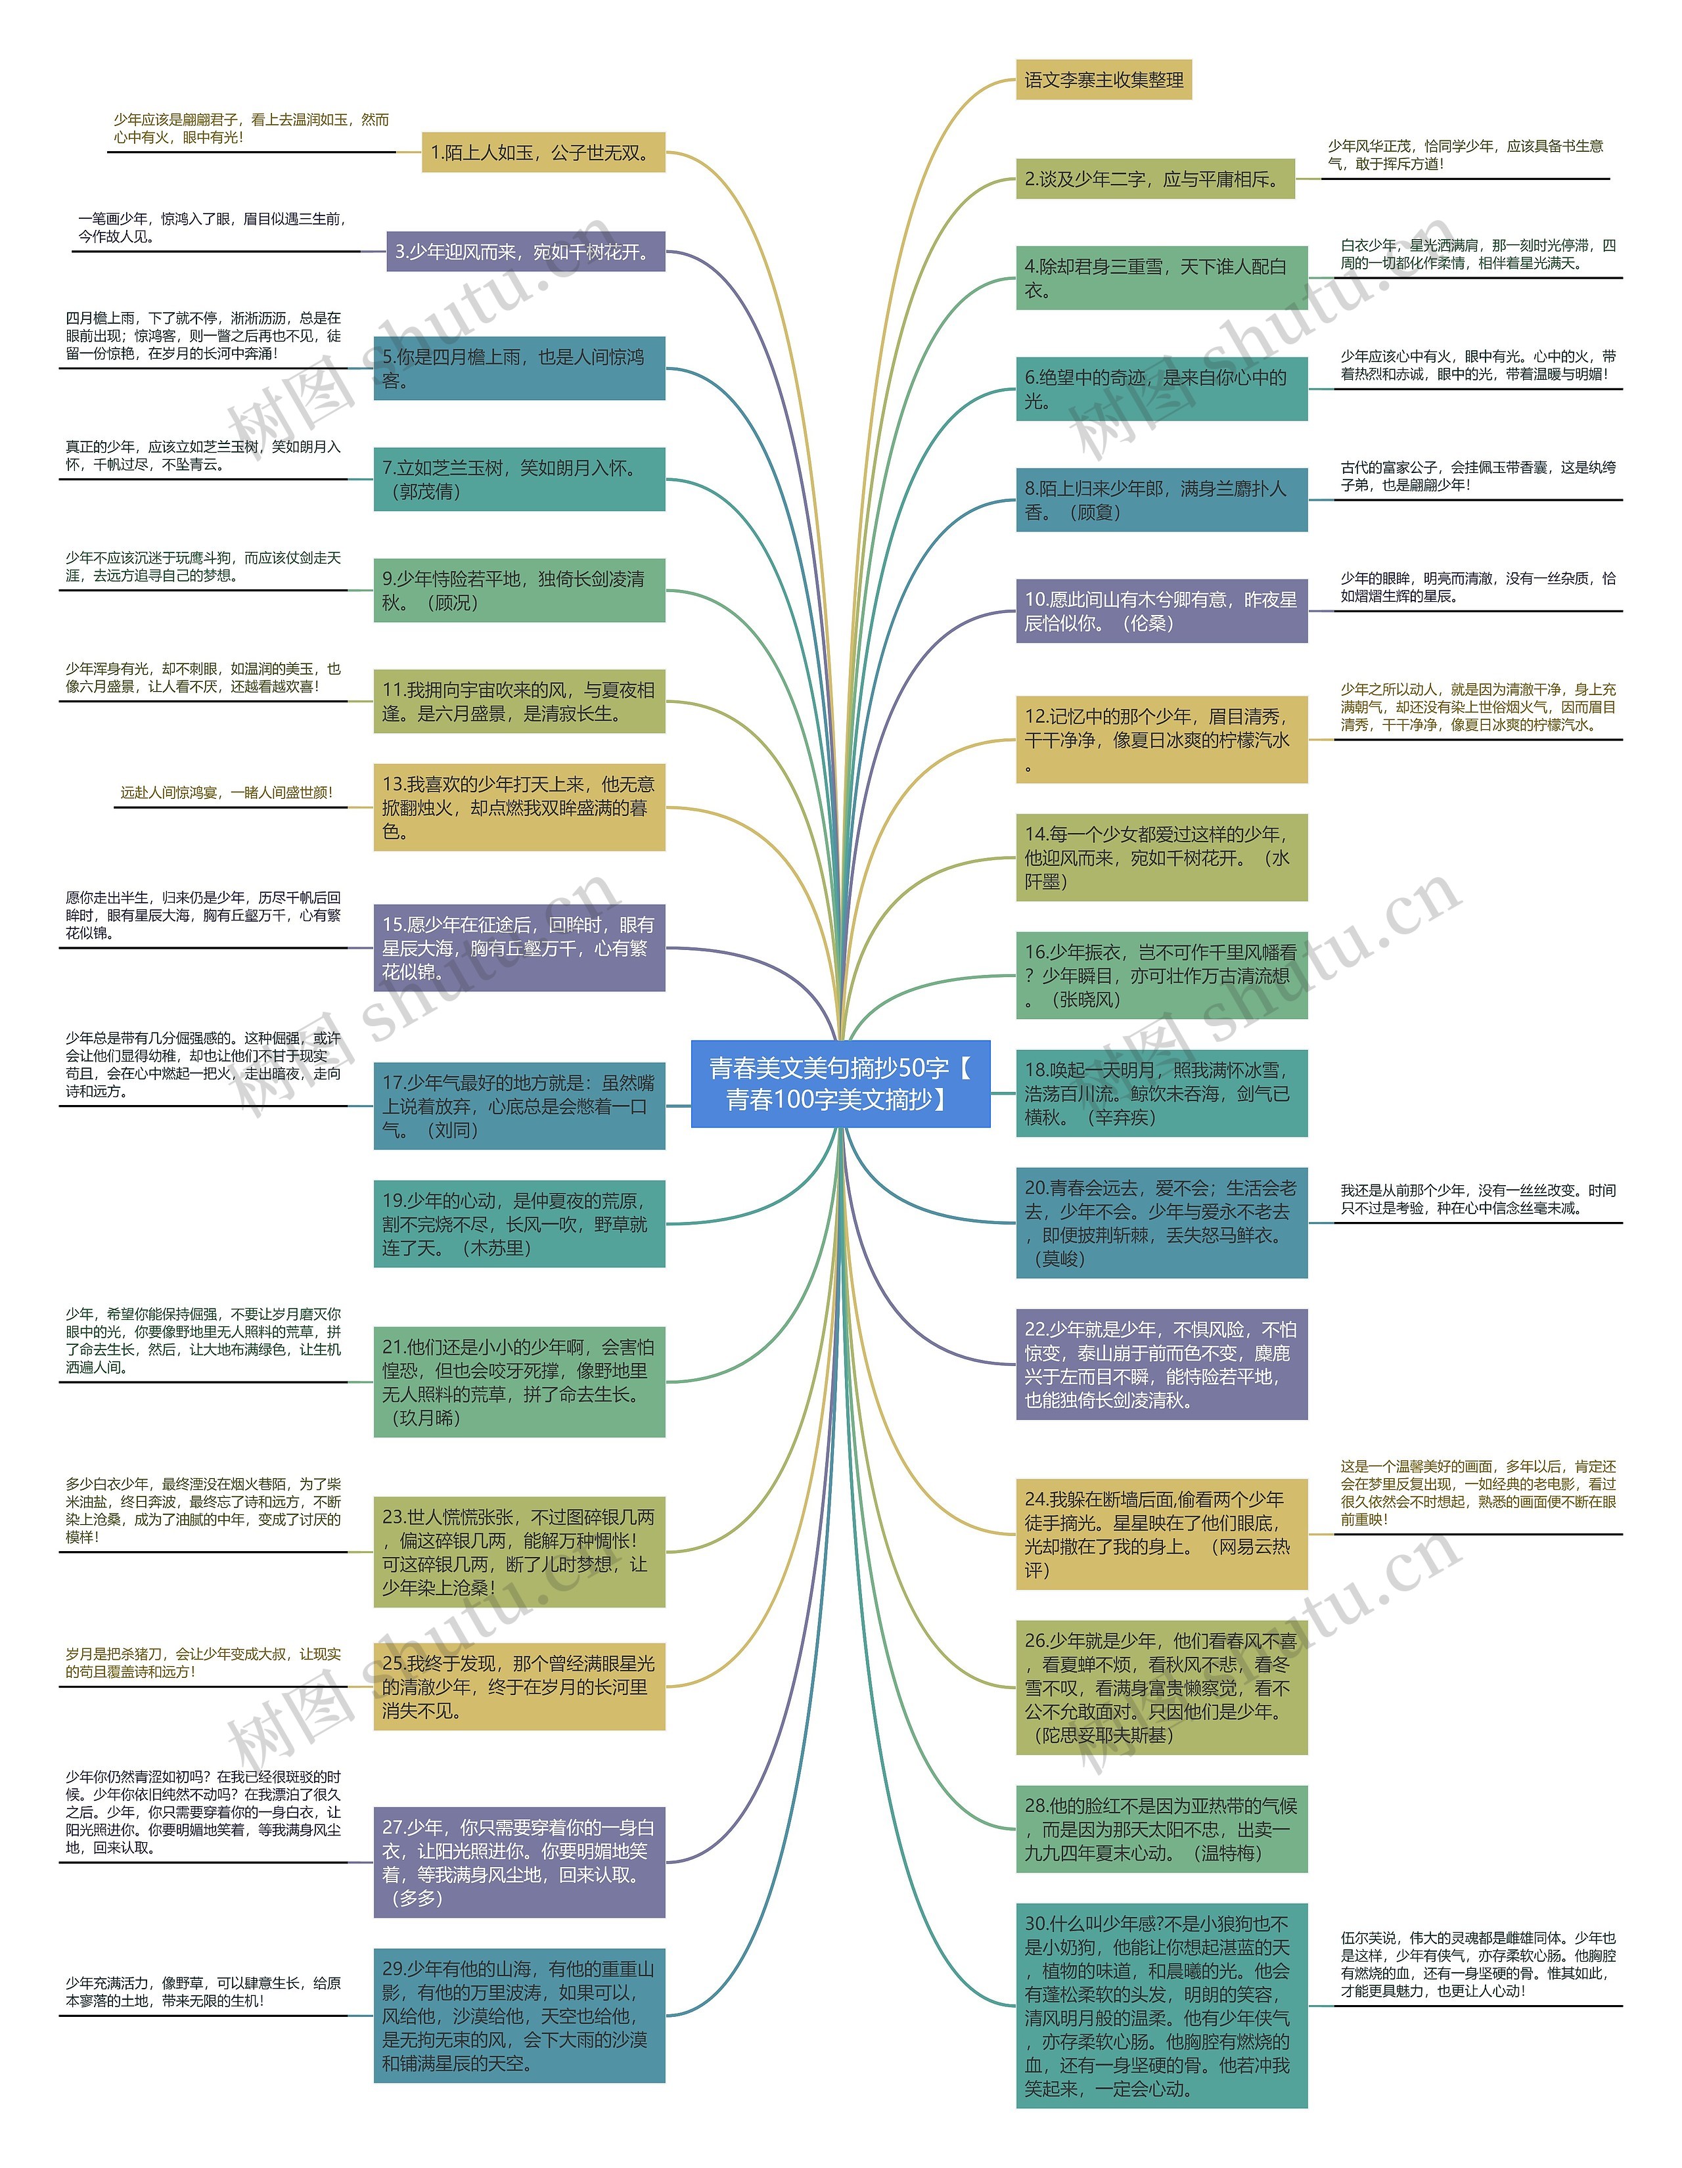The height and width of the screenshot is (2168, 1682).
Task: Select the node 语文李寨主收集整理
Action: coord(1103,80)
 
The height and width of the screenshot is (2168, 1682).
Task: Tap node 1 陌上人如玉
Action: coord(542,153)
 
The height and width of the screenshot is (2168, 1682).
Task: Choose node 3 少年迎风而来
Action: coord(524,252)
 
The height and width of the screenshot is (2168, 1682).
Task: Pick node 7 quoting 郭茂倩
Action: coord(518,480)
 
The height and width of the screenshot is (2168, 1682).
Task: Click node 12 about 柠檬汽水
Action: coord(1161,740)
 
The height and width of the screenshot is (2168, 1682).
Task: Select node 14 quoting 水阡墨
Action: coord(1161,857)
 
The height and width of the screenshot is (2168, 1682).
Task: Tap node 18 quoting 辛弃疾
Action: coord(1161,1094)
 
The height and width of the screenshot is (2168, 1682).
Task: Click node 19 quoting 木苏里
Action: coord(518,1224)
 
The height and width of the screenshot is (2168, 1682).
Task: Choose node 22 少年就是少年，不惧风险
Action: coord(1161,1365)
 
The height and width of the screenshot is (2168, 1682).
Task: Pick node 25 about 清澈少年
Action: coord(518,1688)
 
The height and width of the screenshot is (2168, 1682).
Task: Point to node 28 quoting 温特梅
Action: coord(1161,1830)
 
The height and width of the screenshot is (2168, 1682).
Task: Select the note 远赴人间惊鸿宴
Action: coord(227,793)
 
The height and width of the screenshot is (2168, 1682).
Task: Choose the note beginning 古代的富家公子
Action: coord(1478,476)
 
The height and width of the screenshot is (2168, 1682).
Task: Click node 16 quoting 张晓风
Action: coord(1161,976)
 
